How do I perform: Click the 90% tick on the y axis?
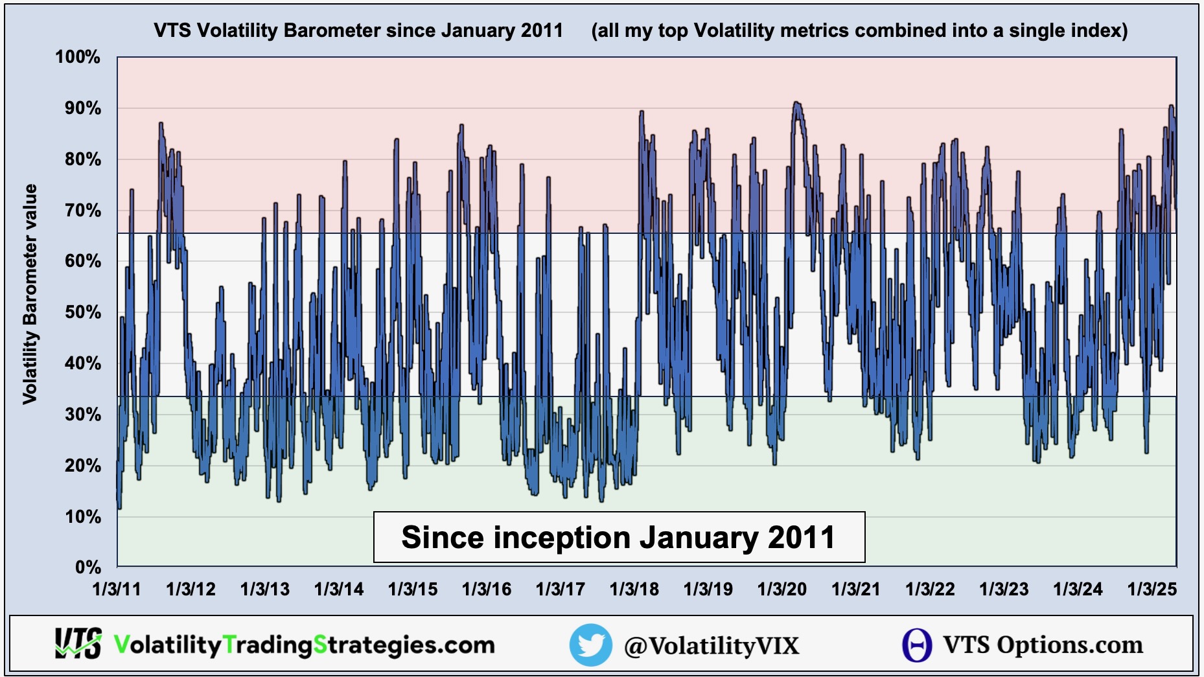[x=83, y=108]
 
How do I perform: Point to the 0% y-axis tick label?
[x=88, y=568]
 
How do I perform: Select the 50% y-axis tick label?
[x=83, y=312]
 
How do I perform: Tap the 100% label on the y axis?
[x=78, y=57]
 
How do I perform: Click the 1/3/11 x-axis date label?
[x=117, y=589]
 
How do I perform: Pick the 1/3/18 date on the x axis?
[x=634, y=589]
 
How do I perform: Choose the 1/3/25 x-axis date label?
[x=1152, y=589]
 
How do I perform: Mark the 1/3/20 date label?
[x=781, y=589]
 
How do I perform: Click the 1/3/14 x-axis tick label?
[x=338, y=589]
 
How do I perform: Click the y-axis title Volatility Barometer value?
[x=30, y=295]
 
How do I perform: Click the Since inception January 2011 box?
[x=619, y=537]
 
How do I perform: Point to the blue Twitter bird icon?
[x=590, y=645]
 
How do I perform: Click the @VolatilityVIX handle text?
[x=712, y=646]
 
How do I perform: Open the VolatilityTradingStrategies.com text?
[x=304, y=645]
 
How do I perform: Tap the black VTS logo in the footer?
[x=78, y=643]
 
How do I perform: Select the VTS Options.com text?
[x=1043, y=645]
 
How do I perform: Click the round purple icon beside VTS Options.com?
[x=917, y=645]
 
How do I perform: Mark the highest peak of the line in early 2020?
[x=796, y=102]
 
